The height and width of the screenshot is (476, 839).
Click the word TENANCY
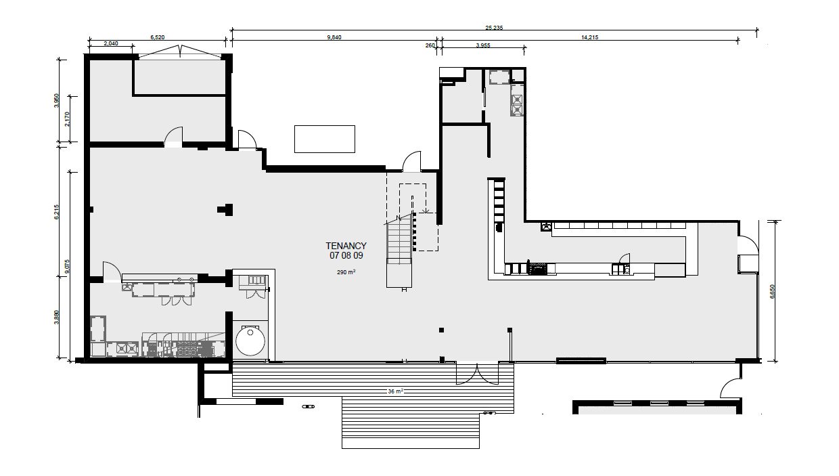346,246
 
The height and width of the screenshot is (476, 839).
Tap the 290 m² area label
346,272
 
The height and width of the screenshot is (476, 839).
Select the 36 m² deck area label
395,391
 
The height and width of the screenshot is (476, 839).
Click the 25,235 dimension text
494,28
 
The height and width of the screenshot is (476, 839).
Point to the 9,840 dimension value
334,37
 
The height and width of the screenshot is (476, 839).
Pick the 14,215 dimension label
589,37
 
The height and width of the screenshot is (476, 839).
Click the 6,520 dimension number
157,37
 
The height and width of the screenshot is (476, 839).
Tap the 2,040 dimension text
111,43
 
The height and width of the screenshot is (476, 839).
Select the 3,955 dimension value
483,46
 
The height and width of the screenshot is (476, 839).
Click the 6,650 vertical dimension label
772,291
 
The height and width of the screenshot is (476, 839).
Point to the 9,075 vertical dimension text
67,267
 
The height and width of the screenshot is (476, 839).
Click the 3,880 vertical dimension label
56,318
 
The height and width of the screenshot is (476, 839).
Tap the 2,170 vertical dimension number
67,119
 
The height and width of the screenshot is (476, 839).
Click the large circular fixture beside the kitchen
250,341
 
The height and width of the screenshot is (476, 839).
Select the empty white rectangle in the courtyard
324,139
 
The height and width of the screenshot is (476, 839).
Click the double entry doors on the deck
477,373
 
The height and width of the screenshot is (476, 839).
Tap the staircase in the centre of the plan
399,251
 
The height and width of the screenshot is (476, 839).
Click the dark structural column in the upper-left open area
225,210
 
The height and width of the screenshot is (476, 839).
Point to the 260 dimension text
430,46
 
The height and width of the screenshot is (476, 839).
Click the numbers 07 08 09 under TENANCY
346,256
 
